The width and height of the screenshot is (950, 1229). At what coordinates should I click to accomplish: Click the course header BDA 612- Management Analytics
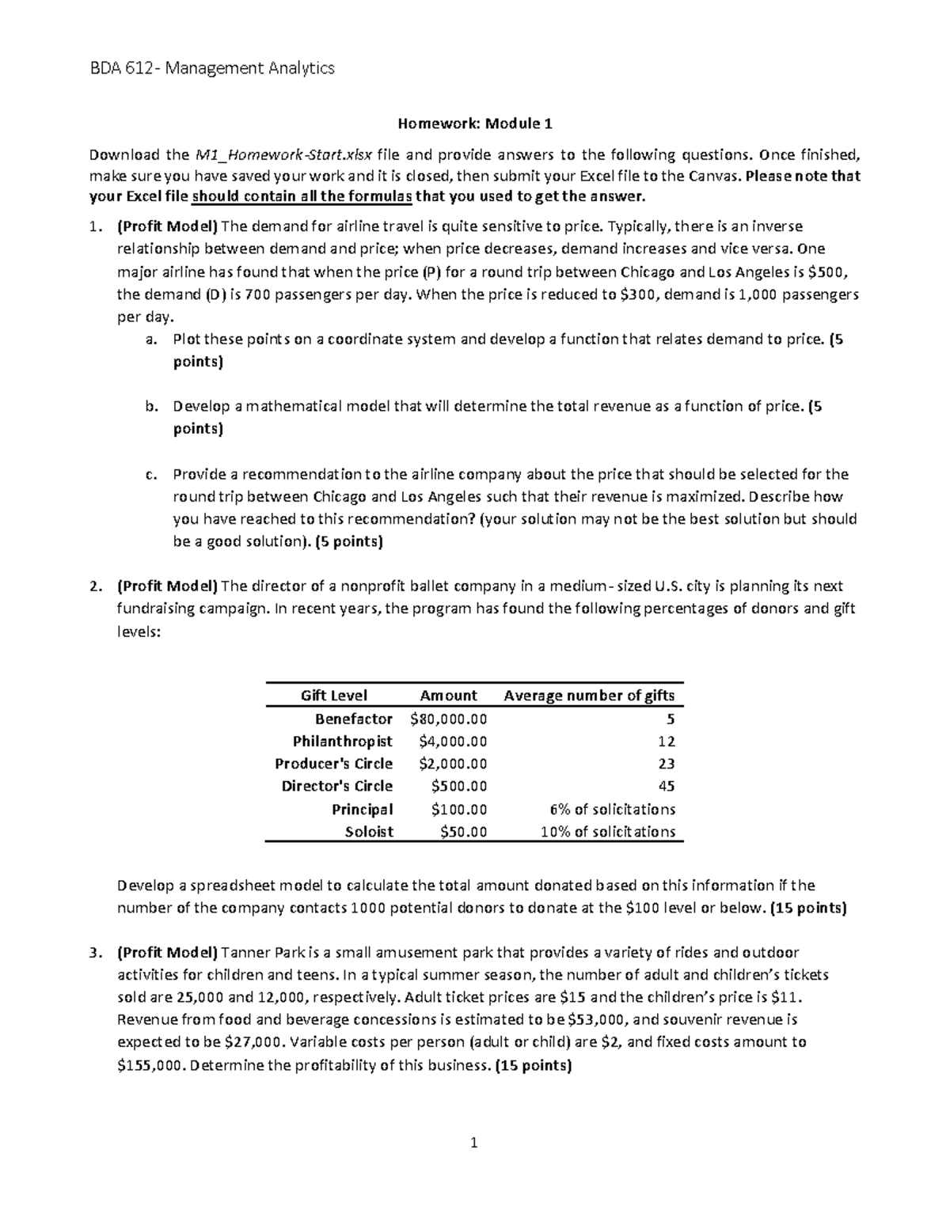coord(211,69)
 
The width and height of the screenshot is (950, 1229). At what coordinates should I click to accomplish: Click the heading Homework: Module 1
coord(474,123)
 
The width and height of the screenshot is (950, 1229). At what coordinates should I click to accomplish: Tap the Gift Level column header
coord(333,696)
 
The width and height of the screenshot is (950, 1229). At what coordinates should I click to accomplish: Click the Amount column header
coord(448,696)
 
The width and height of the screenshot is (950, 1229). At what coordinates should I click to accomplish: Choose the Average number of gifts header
coord(589,696)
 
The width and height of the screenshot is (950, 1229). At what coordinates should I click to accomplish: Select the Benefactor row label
coord(353,719)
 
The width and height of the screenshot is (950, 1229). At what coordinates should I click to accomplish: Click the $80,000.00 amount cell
coord(449,719)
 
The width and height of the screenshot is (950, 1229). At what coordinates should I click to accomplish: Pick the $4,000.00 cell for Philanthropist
coord(452,742)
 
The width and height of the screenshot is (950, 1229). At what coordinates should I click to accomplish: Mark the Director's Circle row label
coord(336,786)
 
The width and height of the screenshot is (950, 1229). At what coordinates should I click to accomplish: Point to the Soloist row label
coord(369,832)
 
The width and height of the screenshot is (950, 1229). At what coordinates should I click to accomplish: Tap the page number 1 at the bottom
coord(474,1142)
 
